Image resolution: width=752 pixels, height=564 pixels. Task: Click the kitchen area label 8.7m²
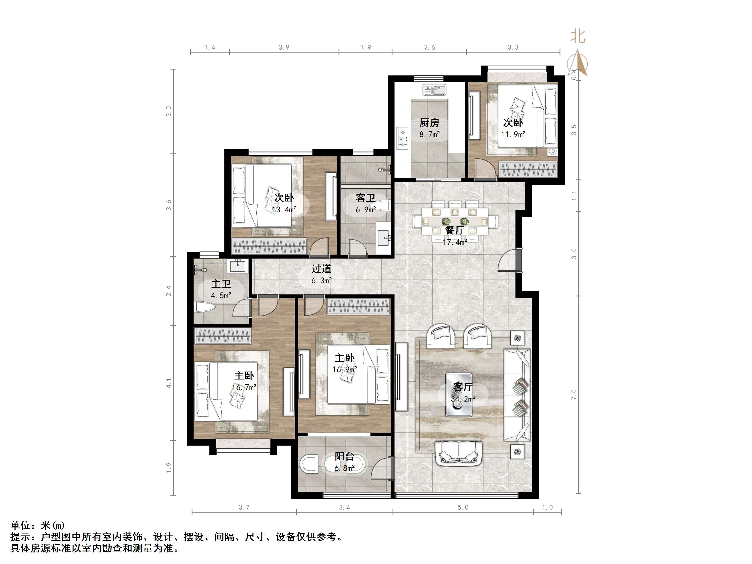[429, 135]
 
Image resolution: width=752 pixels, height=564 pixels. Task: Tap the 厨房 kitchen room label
[429, 123]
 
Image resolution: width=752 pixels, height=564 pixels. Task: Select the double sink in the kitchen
[435, 90]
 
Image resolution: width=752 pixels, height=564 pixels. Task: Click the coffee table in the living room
[459, 395]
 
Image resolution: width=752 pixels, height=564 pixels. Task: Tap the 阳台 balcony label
[344, 457]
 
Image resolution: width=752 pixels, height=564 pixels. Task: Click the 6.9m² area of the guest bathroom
[365, 210]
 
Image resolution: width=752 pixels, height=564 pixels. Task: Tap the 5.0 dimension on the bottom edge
[463, 507]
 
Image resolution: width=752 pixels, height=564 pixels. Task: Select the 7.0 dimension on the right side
[574, 394]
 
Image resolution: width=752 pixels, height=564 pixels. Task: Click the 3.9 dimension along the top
[284, 47]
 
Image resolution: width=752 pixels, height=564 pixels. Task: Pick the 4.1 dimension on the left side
[169, 383]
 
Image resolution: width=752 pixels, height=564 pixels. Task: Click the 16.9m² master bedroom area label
[344, 370]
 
